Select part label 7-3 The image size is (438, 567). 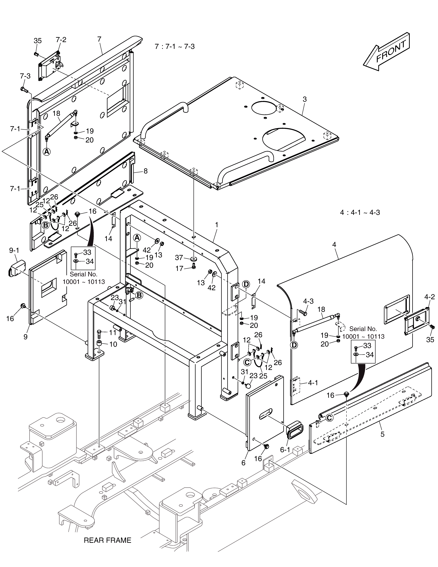point(25,76)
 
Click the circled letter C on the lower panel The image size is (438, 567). point(329,418)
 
